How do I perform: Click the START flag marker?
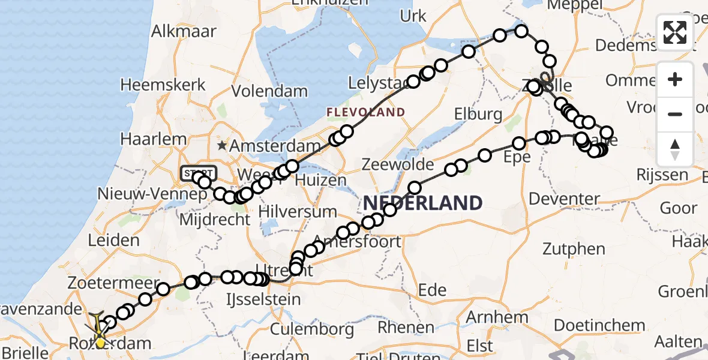(197, 173)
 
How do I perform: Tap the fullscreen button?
(675, 32)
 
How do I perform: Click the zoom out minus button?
(675, 114)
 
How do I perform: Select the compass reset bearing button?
(675, 148)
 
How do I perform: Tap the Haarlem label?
(154, 139)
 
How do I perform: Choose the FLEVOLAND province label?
(365, 112)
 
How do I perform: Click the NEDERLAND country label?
(422, 203)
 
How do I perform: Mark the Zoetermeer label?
(113, 283)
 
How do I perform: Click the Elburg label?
(478, 114)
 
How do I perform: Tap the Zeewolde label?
(398, 164)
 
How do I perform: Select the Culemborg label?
(312, 329)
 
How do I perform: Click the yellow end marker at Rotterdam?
(100, 343)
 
